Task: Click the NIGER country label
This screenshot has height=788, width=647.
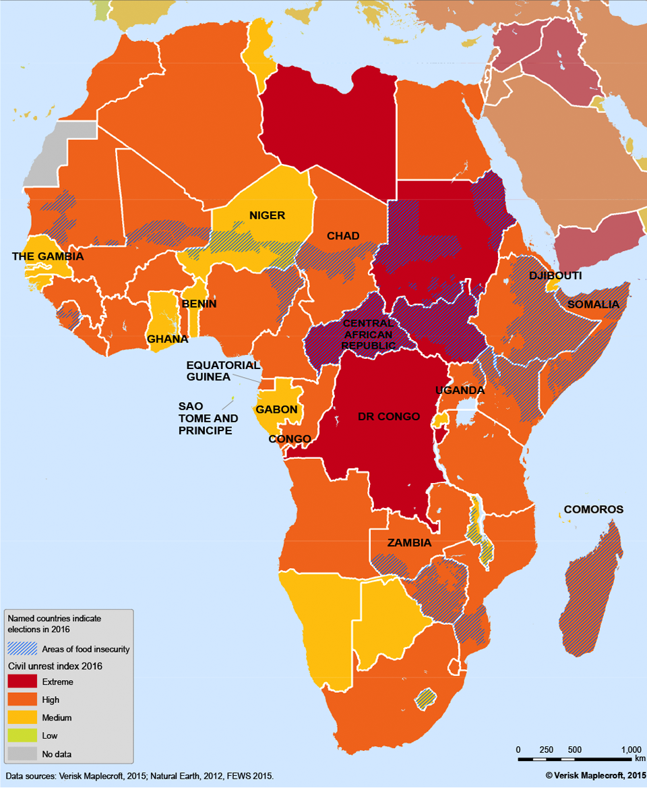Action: point(268,216)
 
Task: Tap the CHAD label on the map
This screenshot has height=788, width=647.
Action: point(343,235)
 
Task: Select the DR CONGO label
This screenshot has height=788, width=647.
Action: point(389,416)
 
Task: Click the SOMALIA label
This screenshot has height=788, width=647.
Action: point(593,304)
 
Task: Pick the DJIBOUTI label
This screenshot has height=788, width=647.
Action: point(555,276)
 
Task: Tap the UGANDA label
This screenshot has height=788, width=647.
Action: point(460,390)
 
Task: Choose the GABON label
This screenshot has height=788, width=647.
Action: point(276,410)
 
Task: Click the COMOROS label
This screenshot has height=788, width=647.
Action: point(594,509)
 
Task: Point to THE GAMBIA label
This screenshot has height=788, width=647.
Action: point(48,256)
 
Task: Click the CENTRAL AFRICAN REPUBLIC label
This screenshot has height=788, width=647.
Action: point(367,334)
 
